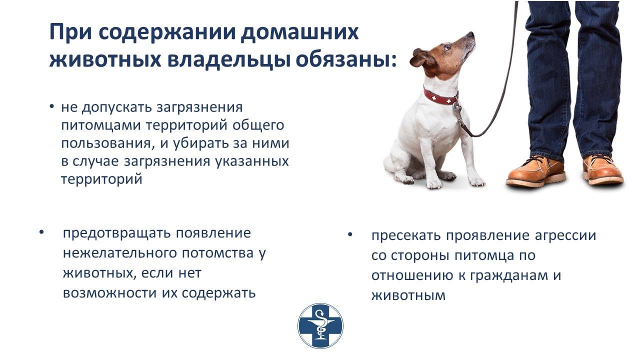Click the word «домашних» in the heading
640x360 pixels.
(299, 33)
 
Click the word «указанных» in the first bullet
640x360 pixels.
(251, 161)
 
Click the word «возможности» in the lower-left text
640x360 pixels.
(109, 293)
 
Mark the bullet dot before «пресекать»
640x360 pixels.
(350, 235)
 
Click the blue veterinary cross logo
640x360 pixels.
(320, 325)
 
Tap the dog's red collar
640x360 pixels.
(440, 97)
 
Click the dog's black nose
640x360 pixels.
(471, 34)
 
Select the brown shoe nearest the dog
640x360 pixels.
(535, 171)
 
